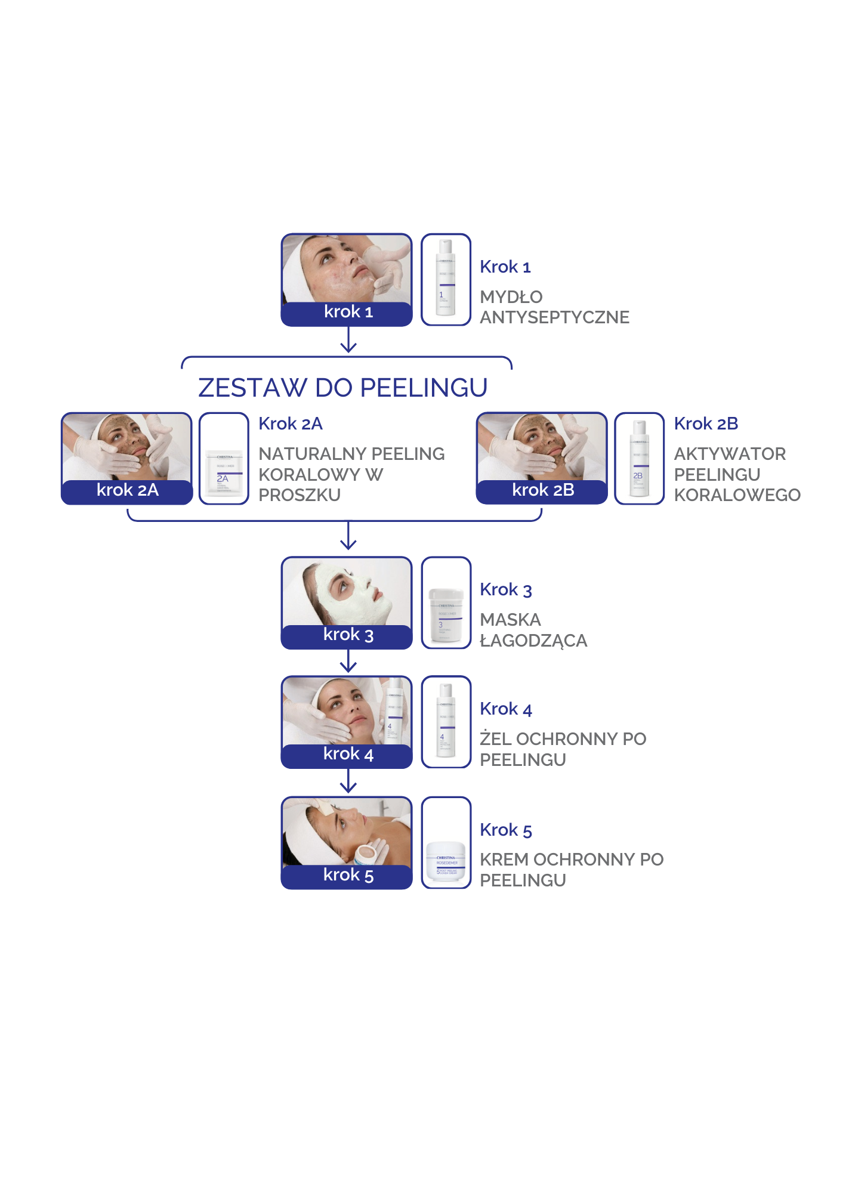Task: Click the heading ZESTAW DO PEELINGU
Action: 342,388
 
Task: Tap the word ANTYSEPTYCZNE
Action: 554,317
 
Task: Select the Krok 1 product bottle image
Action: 446,279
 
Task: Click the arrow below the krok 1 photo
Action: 348,342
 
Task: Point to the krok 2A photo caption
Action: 127,490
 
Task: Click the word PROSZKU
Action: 300,495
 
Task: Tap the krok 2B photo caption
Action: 542,490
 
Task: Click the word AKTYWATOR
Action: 730,454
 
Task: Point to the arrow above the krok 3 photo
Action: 348,537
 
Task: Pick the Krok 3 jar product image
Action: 446,614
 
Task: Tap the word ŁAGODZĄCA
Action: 533,641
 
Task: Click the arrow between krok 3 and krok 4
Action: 348,662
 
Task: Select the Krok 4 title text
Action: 506,709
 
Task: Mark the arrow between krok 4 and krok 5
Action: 348,782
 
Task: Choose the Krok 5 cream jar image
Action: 446,861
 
